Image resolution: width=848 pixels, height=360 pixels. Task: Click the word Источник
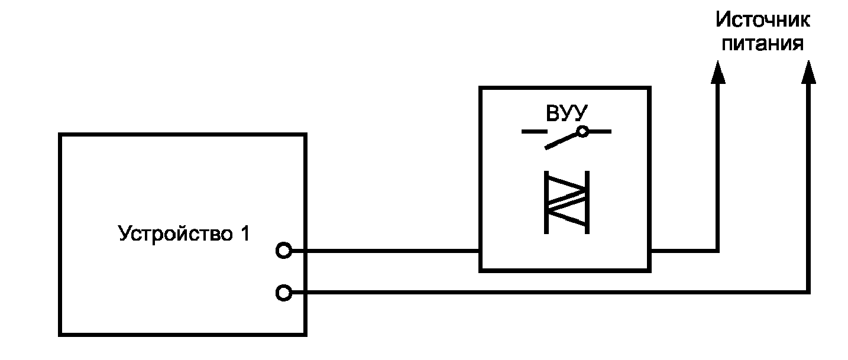(x=762, y=20)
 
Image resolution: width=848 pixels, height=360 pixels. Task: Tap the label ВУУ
(x=567, y=113)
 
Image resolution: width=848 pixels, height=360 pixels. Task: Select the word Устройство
(x=176, y=233)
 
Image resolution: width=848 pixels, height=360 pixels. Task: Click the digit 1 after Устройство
(x=245, y=233)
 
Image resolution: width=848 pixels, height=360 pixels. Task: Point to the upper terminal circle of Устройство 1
(x=283, y=251)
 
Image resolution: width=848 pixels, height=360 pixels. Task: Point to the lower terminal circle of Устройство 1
(x=283, y=293)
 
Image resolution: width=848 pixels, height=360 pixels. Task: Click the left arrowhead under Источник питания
(x=718, y=72)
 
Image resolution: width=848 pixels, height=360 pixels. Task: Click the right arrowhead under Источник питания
(x=808, y=72)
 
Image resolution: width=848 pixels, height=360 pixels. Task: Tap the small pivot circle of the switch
(x=582, y=132)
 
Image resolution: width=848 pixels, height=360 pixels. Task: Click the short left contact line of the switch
(x=534, y=132)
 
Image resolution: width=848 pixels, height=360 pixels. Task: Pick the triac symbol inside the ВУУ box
(x=567, y=203)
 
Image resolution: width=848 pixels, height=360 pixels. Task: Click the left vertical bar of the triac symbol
(x=546, y=203)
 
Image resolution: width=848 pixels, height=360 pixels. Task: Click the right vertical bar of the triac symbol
(x=587, y=203)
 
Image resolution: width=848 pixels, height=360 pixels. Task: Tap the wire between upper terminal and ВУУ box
(x=386, y=251)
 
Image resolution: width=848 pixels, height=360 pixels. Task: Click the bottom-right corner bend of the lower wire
(x=808, y=292)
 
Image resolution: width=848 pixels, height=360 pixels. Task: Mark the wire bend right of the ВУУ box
(x=718, y=251)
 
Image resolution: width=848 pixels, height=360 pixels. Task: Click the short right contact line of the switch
(x=600, y=132)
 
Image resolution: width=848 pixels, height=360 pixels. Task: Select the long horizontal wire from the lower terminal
(x=550, y=292)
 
